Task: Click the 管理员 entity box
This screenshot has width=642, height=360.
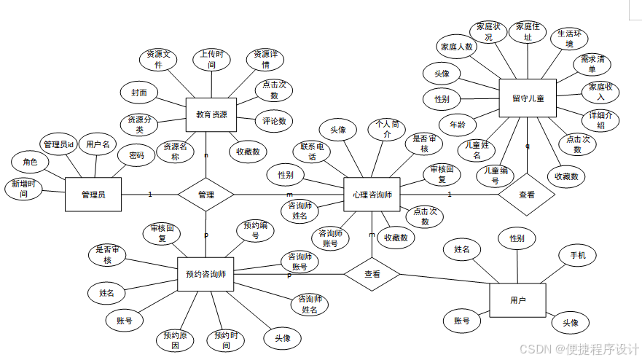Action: pyautogui.click(x=93, y=195)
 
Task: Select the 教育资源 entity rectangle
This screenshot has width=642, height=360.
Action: pyautogui.click(x=211, y=115)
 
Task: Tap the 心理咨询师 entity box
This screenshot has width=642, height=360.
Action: pyautogui.click(x=372, y=195)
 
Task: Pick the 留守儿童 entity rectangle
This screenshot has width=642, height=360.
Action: pyautogui.click(x=528, y=98)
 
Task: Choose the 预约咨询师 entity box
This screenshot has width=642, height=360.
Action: pyautogui.click(x=205, y=275)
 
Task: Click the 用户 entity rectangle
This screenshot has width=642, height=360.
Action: pyautogui.click(x=518, y=300)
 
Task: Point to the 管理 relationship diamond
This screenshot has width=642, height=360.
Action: pyautogui.click(x=206, y=195)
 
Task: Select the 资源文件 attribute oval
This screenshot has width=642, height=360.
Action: pyautogui.click(x=158, y=60)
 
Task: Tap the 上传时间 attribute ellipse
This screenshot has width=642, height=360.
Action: pyautogui.click(x=211, y=60)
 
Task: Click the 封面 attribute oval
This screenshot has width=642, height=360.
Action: pyautogui.click(x=139, y=93)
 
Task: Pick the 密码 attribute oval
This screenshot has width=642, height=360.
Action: pyautogui.click(x=136, y=155)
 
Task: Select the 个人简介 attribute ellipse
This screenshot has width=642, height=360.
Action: pyautogui.click(x=387, y=129)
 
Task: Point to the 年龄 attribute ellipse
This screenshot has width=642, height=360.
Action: pyautogui.click(x=458, y=125)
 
